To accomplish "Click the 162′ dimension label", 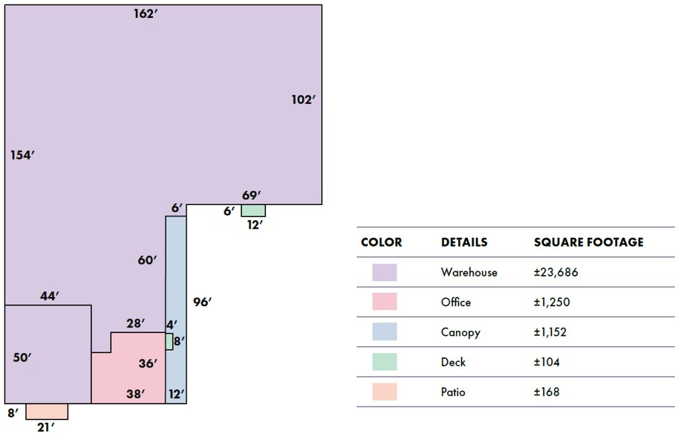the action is [x=146, y=14].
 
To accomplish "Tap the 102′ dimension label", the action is [x=303, y=100].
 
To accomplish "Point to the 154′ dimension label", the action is [x=22, y=155].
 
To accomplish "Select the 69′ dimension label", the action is [x=252, y=195].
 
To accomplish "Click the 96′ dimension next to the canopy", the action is [x=203, y=302].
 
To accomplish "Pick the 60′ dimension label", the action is [x=147, y=260].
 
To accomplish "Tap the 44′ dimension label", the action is [x=50, y=296].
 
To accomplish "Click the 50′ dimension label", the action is [x=22, y=357].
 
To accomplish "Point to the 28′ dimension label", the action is [x=136, y=323].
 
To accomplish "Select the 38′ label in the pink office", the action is [x=135, y=394].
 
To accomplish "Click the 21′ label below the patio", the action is [x=46, y=428].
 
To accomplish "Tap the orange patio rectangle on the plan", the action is [x=47, y=411].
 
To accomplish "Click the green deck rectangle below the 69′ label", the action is [x=254, y=210].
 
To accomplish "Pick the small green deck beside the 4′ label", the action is [x=169, y=341].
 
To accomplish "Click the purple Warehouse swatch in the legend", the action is [x=385, y=272].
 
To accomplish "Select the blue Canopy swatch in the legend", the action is [x=385, y=331].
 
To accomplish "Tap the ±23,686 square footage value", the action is [x=556, y=273].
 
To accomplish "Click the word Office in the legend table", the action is [x=455, y=302].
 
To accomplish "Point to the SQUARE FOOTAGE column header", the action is [x=588, y=242].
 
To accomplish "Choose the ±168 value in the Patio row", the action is [x=547, y=392].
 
